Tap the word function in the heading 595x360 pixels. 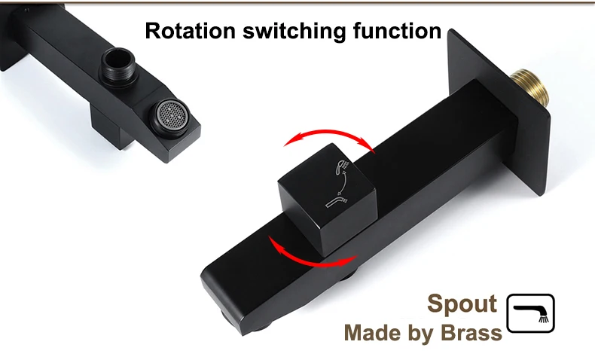pos(396,31)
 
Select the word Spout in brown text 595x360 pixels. pos(462,304)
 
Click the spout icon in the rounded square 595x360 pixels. pos(530,313)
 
